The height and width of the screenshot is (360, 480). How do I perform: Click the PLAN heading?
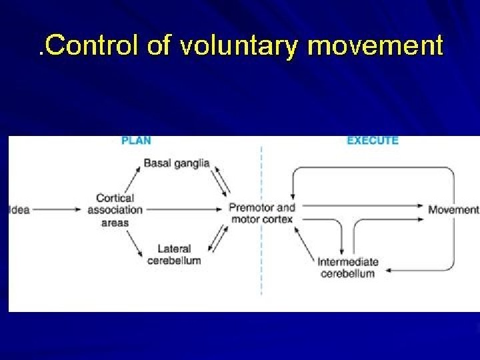pos(136,141)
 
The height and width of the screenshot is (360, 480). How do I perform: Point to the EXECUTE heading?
pos(373,141)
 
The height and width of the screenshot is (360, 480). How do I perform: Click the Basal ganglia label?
pos(177,163)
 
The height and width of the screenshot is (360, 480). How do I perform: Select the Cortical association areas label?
pos(115,209)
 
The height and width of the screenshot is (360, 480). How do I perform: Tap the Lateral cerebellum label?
pos(174,255)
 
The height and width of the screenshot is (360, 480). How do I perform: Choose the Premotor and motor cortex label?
pos(261,213)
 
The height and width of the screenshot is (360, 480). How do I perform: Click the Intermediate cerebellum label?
pos(348,267)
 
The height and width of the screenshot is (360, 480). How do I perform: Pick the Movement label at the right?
pos(453,209)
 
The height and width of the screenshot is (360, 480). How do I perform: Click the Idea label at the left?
pos(19,209)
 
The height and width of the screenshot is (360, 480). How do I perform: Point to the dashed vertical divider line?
pos(261,267)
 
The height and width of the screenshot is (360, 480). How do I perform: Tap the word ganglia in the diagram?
pos(192,163)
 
